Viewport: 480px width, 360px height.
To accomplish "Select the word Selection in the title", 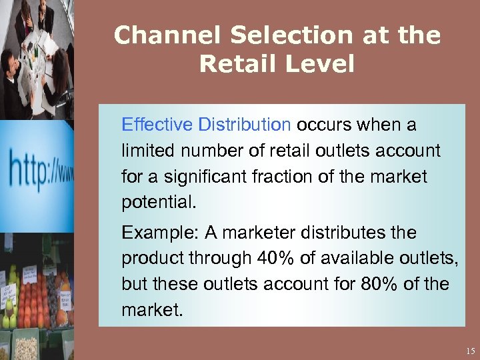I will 259,35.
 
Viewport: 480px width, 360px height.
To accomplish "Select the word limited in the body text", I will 143,151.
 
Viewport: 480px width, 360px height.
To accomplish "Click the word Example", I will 151,233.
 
